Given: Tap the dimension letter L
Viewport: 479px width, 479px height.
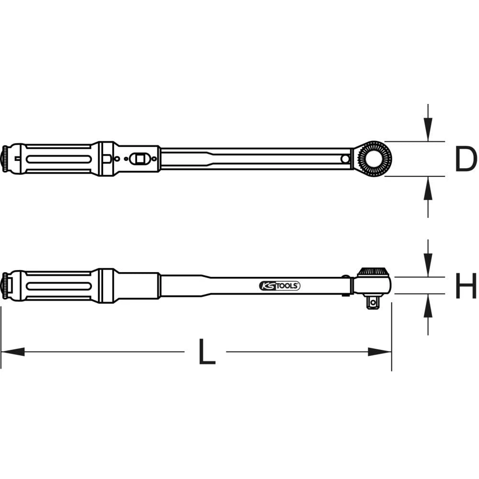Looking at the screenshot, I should [205, 352].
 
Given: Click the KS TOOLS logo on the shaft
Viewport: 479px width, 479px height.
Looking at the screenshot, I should [280, 286].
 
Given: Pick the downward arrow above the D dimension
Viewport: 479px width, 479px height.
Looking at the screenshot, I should [428, 130].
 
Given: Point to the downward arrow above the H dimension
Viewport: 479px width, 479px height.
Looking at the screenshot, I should [428, 266].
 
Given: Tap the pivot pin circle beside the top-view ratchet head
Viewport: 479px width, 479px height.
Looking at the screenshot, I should [345, 159].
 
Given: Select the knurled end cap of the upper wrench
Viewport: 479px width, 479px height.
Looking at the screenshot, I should [5, 159].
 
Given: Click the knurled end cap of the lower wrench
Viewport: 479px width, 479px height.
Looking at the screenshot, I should [5, 285].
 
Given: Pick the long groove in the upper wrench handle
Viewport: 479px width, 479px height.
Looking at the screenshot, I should [58, 159].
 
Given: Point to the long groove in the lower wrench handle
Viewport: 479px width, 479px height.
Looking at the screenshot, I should [58, 286].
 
